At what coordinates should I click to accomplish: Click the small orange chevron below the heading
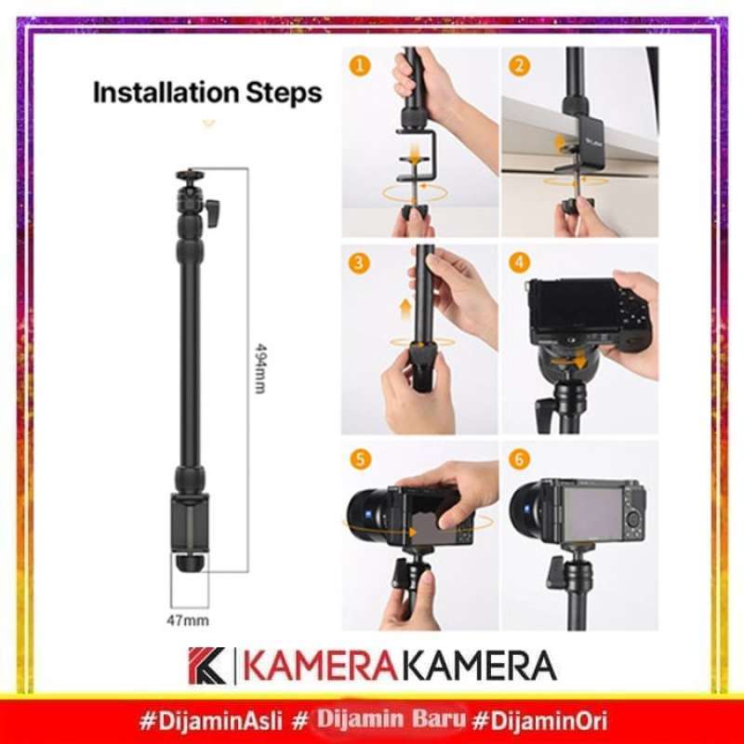click(x=209, y=122)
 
